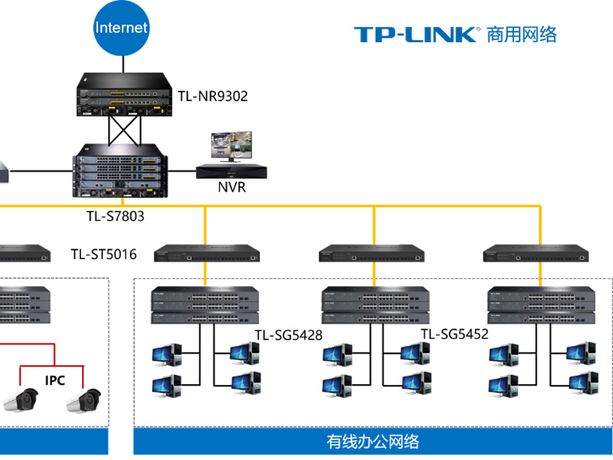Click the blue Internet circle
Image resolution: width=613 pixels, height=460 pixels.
(121, 28)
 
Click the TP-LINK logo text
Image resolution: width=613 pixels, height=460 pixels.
(416, 34)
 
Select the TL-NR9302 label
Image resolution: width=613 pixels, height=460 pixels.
(213, 97)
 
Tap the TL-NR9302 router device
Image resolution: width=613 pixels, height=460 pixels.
(123, 94)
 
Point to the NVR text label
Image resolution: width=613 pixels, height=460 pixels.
(231, 186)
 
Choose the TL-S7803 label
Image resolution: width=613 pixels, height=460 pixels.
(115, 216)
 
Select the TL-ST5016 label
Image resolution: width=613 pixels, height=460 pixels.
(103, 255)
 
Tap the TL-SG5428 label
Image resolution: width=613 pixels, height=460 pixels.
(288, 335)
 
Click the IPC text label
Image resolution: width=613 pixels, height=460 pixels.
(55, 380)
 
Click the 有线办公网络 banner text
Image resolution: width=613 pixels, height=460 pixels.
(373, 442)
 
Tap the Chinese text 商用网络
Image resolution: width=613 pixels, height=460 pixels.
(521, 34)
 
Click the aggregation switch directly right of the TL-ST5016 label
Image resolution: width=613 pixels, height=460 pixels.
(205, 253)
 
